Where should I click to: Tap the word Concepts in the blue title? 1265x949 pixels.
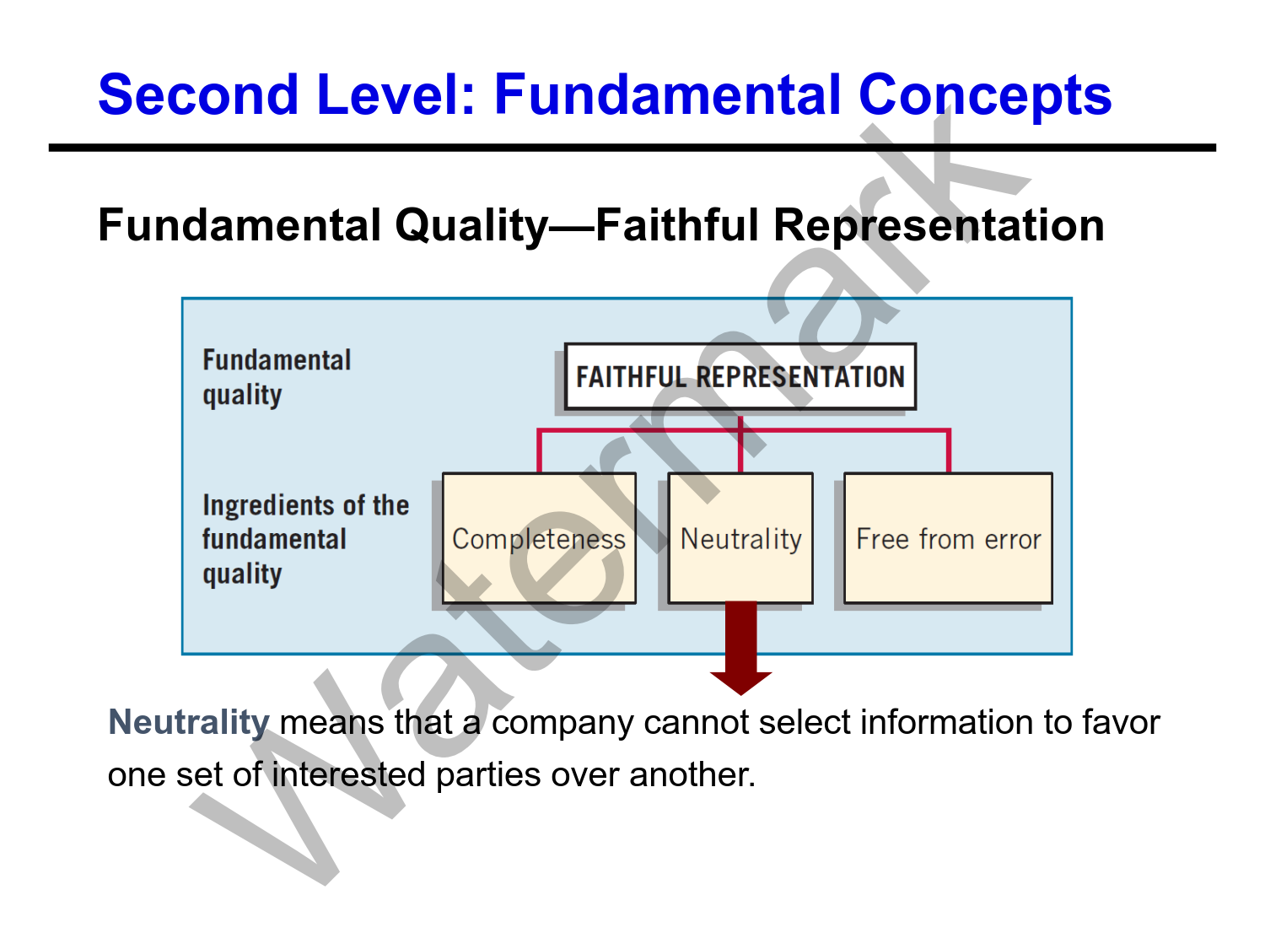985,95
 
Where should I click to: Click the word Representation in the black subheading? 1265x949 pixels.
939,226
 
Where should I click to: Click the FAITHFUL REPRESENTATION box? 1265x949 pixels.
740,377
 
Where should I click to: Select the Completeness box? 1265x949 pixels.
539,538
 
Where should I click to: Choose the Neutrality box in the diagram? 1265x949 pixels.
740,538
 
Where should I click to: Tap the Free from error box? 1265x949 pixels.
948,538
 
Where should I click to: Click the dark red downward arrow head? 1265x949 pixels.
740,682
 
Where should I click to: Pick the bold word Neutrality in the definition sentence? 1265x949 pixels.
189,722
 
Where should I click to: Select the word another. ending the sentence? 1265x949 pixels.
692,774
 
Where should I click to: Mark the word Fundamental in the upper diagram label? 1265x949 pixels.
277,360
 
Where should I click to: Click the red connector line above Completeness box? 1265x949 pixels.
539,451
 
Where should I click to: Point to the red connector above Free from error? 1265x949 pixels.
949,451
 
